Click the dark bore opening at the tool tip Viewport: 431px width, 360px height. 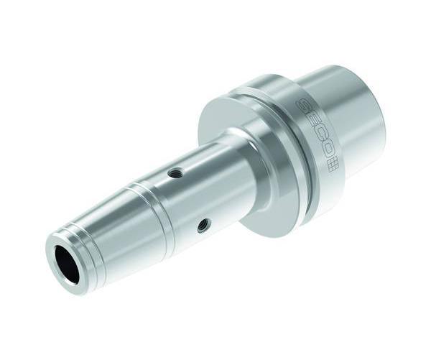coord(67,259)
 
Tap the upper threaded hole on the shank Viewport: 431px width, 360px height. coord(174,173)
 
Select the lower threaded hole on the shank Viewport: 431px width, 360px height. coord(204,223)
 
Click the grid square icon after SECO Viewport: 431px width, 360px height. coord(334,165)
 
